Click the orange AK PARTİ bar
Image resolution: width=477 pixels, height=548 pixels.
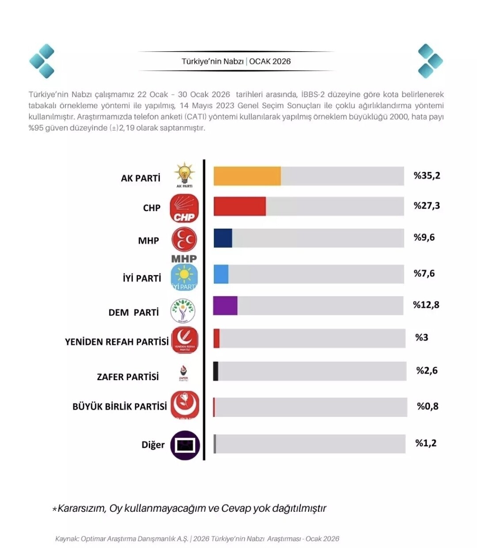[x=247, y=176]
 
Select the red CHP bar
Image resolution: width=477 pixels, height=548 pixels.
[x=239, y=206]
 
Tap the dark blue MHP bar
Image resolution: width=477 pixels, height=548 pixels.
[x=223, y=238]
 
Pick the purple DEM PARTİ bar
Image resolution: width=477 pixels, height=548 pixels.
[x=225, y=306]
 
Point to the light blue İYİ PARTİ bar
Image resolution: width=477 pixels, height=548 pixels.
[x=221, y=274]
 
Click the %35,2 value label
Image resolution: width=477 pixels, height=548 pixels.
[x=427, y=176]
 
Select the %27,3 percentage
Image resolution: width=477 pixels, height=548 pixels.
[x=427, y=206]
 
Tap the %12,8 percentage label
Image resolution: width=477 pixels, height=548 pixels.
[x=426, y=305]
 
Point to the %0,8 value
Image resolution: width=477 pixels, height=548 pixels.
[x=428, y=406]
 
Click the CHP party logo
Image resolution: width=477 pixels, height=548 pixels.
[x=184, y=208]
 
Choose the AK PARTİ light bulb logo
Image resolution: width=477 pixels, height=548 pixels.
[x=184, y=174]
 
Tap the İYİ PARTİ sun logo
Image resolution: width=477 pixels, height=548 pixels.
[x=184, y=277]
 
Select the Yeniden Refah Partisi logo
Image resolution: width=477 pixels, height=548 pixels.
[x=185, y=340]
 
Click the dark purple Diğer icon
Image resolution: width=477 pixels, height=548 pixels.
[x=185, y=445]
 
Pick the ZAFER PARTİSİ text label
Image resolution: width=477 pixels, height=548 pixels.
[x=128, y=377]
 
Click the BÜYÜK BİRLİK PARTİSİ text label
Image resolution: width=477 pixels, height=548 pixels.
[x=120, y=406]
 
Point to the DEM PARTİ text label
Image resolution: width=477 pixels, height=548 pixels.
[x=133, y=312]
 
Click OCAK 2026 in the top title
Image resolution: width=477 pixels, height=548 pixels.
[x=270, y=61]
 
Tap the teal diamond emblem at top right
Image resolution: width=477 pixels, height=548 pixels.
[x=430, y=61]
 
